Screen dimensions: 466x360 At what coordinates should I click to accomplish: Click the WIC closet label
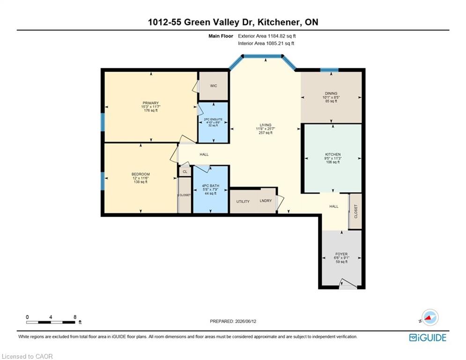coord(214,86)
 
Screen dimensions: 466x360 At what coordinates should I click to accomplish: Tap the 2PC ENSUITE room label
coord(213,120)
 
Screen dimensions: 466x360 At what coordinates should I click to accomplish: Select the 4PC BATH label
coord(210,186)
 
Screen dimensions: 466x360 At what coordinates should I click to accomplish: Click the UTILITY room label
coord(243,202)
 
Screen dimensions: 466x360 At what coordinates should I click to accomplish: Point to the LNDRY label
coord(266,201)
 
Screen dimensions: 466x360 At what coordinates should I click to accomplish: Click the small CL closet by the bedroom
coord(185,172)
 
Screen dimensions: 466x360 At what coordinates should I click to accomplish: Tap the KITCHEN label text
coord(333,154)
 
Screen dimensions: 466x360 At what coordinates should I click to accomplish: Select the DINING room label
coord(331,93)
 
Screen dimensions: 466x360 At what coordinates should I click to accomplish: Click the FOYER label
coord(341,254)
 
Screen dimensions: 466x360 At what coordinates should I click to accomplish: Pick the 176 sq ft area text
coord(151,110)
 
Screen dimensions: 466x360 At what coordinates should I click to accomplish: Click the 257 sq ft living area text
coord(266,133)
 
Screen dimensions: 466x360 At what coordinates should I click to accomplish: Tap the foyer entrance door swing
coord(348,284)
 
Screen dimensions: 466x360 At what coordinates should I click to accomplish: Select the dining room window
coord(329,70)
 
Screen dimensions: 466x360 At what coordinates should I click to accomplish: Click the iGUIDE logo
coord(428,337)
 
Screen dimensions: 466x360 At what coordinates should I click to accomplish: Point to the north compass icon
coord(429,317)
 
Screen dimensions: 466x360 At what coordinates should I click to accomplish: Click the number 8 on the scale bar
coord(75,317)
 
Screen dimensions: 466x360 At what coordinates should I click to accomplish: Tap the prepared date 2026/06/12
coord(245,321)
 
